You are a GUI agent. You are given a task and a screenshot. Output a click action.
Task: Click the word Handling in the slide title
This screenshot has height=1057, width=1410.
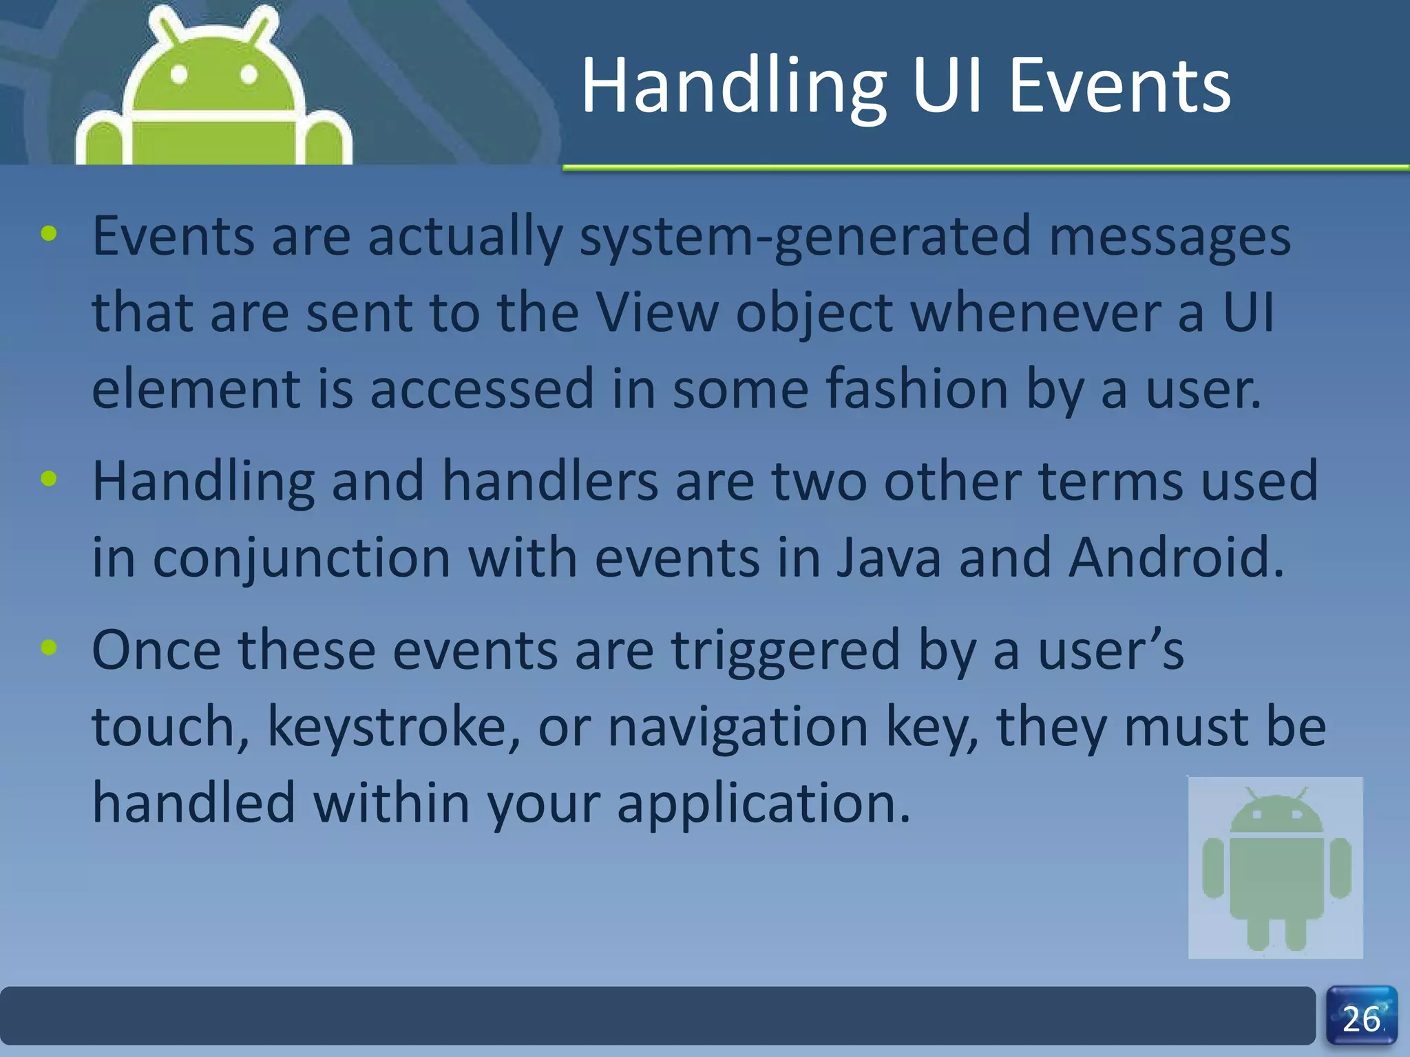point(734,87)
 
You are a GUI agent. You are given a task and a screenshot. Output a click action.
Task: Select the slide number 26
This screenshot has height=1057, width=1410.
point(1361,1019)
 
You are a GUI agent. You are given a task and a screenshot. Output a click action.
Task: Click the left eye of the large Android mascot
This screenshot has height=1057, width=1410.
point(179,74)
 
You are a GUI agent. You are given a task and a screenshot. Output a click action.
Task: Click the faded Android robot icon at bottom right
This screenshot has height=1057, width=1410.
point(1276,868)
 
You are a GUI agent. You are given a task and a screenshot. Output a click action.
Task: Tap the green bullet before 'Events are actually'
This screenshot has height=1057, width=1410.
point(49,234)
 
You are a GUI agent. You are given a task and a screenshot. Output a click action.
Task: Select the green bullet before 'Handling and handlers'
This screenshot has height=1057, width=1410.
point(49,478)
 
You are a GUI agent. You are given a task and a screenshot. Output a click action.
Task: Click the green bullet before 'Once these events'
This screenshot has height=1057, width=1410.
point(49,647)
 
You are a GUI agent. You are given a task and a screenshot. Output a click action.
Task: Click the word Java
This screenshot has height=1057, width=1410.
point(889,557)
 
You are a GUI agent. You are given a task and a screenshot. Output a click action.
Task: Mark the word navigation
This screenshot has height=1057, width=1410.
point(738,727)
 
